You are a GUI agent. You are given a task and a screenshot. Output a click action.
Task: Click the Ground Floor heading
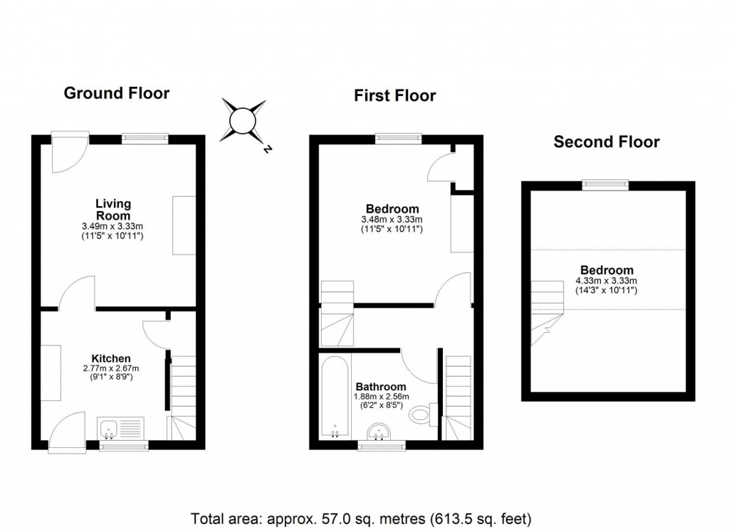click(x=117, y=93)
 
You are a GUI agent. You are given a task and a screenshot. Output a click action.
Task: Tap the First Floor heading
click(x=395, y=96)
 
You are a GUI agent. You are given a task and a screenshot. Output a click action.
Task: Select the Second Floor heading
click(x=607, y=142)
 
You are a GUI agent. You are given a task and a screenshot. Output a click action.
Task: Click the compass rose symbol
click(x=244, y=122)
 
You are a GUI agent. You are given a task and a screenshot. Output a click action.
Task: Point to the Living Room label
click(x=113, y=210)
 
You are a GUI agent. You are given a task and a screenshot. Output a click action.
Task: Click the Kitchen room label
click(x=110, y=358)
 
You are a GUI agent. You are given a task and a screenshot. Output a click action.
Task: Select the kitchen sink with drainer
click(x=121, y=429)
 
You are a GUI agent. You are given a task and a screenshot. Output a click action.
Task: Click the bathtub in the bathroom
click(x=335, y=400)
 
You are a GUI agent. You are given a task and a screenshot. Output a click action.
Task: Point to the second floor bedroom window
click(x=605, y=185)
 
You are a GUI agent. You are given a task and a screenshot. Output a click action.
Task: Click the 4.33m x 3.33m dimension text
click(x=607, y=281)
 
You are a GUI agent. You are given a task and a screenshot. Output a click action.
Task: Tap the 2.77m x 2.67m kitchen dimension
click(x=110, y=368)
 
